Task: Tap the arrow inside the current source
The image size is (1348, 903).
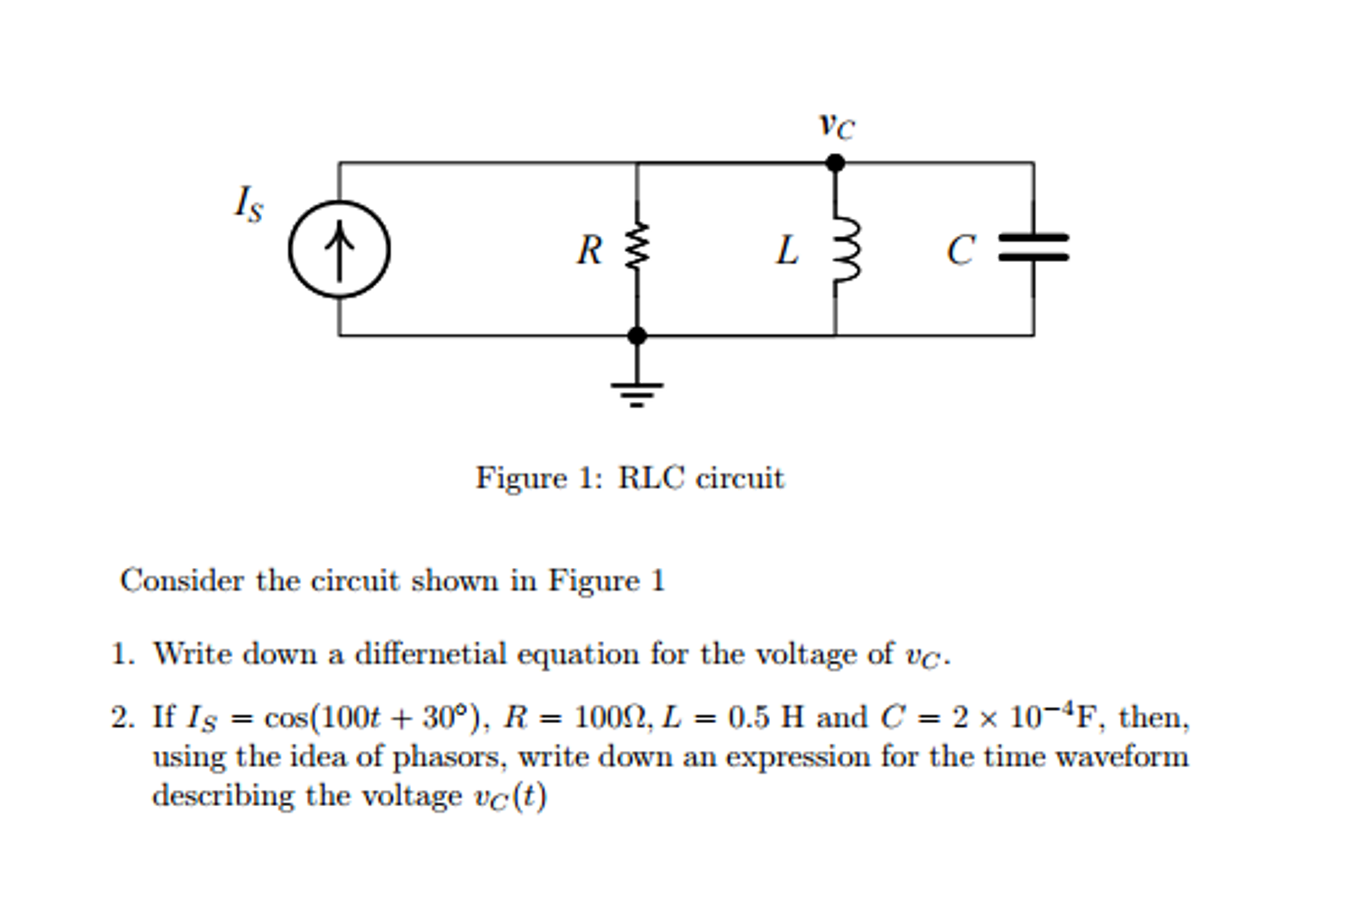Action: pos(339,250)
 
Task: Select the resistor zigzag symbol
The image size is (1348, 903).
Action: pos(637,246)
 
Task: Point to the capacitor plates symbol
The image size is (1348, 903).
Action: pos(1033,247)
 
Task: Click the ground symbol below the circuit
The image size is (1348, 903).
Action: pos(636,391)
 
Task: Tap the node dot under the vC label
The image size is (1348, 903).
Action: pos(835,163)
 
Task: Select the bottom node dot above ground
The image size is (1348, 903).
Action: pos(636,335)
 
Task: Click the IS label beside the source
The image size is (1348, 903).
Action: pos(249,204)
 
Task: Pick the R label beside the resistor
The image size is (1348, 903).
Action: pos(589,250)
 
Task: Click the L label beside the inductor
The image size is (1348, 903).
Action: pos(787,250)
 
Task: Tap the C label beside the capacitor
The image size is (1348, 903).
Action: pos(960,250)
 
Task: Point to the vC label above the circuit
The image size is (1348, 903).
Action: pos(836,125)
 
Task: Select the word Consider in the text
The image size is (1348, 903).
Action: pos(182,581)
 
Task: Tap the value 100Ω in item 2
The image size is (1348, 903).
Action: pos(612,717)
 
